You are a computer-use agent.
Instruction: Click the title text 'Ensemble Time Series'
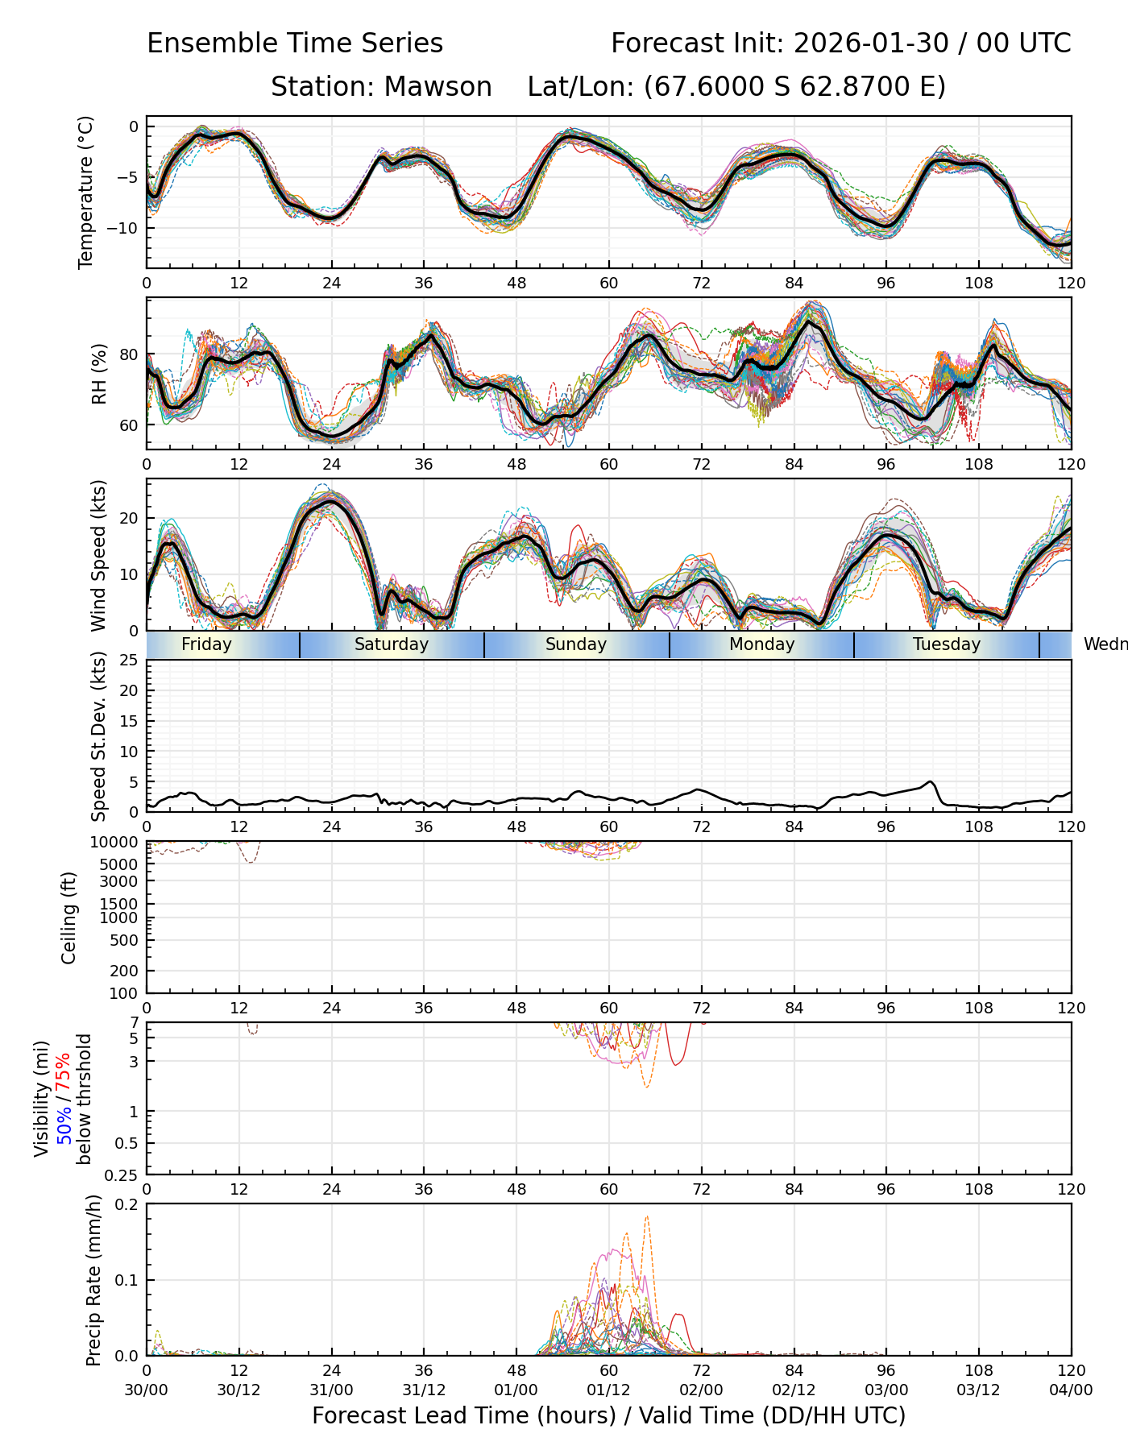click(295, 43)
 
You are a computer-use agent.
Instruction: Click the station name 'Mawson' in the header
click(438, 87)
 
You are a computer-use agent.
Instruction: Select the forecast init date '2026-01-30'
click(871, 43)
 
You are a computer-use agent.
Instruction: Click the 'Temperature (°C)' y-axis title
click(86, 192)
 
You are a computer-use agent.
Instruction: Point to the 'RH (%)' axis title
click(99, 374)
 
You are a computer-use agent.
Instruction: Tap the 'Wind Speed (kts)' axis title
click(99, 555)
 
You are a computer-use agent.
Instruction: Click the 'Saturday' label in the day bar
click(392, 644)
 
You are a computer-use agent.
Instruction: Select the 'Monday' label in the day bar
click(761, 644)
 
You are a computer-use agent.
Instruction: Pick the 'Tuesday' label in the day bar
click(947, 644)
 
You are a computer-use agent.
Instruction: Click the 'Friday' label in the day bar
click(206, 644)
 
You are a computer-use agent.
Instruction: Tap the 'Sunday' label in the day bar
click(576, 644)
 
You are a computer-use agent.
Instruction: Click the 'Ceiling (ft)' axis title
click(69, 918)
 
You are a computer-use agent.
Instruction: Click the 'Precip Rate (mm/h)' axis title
click(94, 1280)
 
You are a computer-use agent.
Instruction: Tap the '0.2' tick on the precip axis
click(127, 1204)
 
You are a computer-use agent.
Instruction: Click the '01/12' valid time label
click(608, 1390)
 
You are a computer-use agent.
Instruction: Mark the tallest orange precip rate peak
click(647, 1217)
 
